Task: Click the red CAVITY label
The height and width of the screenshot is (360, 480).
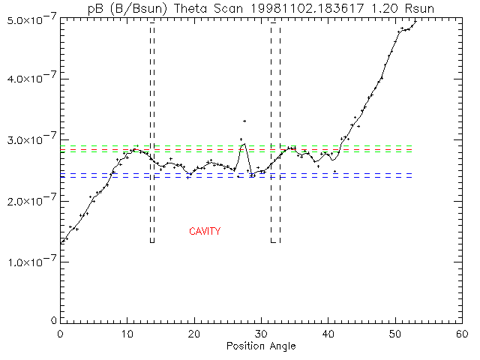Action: pyautogui.click(x=205, y=231)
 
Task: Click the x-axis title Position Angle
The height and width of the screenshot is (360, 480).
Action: pyautogui.click(x=261, y=346)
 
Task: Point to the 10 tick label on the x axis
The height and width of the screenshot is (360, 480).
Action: pyautogui.click(x=127, y=334)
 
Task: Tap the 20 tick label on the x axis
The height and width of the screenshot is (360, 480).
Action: pyautogui.click(x=194, y=334)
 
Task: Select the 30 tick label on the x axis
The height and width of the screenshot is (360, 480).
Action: pyautogui.click(x=261, y=334)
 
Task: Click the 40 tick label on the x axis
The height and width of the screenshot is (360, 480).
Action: pyautogui.click(x=328, y=334)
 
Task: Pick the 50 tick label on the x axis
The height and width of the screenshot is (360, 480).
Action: pyautogui.click(x=395, y=334)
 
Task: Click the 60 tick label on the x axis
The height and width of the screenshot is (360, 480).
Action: pyautogui.click(x=462, y=334)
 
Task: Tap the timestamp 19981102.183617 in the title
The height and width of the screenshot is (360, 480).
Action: pyautogui.click(x=307, y=8)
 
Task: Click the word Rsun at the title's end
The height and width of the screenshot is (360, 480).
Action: pyautogui.click(x=419, y=8)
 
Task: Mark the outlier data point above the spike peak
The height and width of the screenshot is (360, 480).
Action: pyautogui.click(x=244, y=121)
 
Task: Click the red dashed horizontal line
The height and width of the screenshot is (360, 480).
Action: pyautogui.click(x=236, y=150)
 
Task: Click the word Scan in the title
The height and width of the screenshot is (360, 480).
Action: pyautogui.click(x=228, y=8)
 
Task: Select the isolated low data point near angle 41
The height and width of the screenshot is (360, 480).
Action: pyautogui.click(x=335, y=172)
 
